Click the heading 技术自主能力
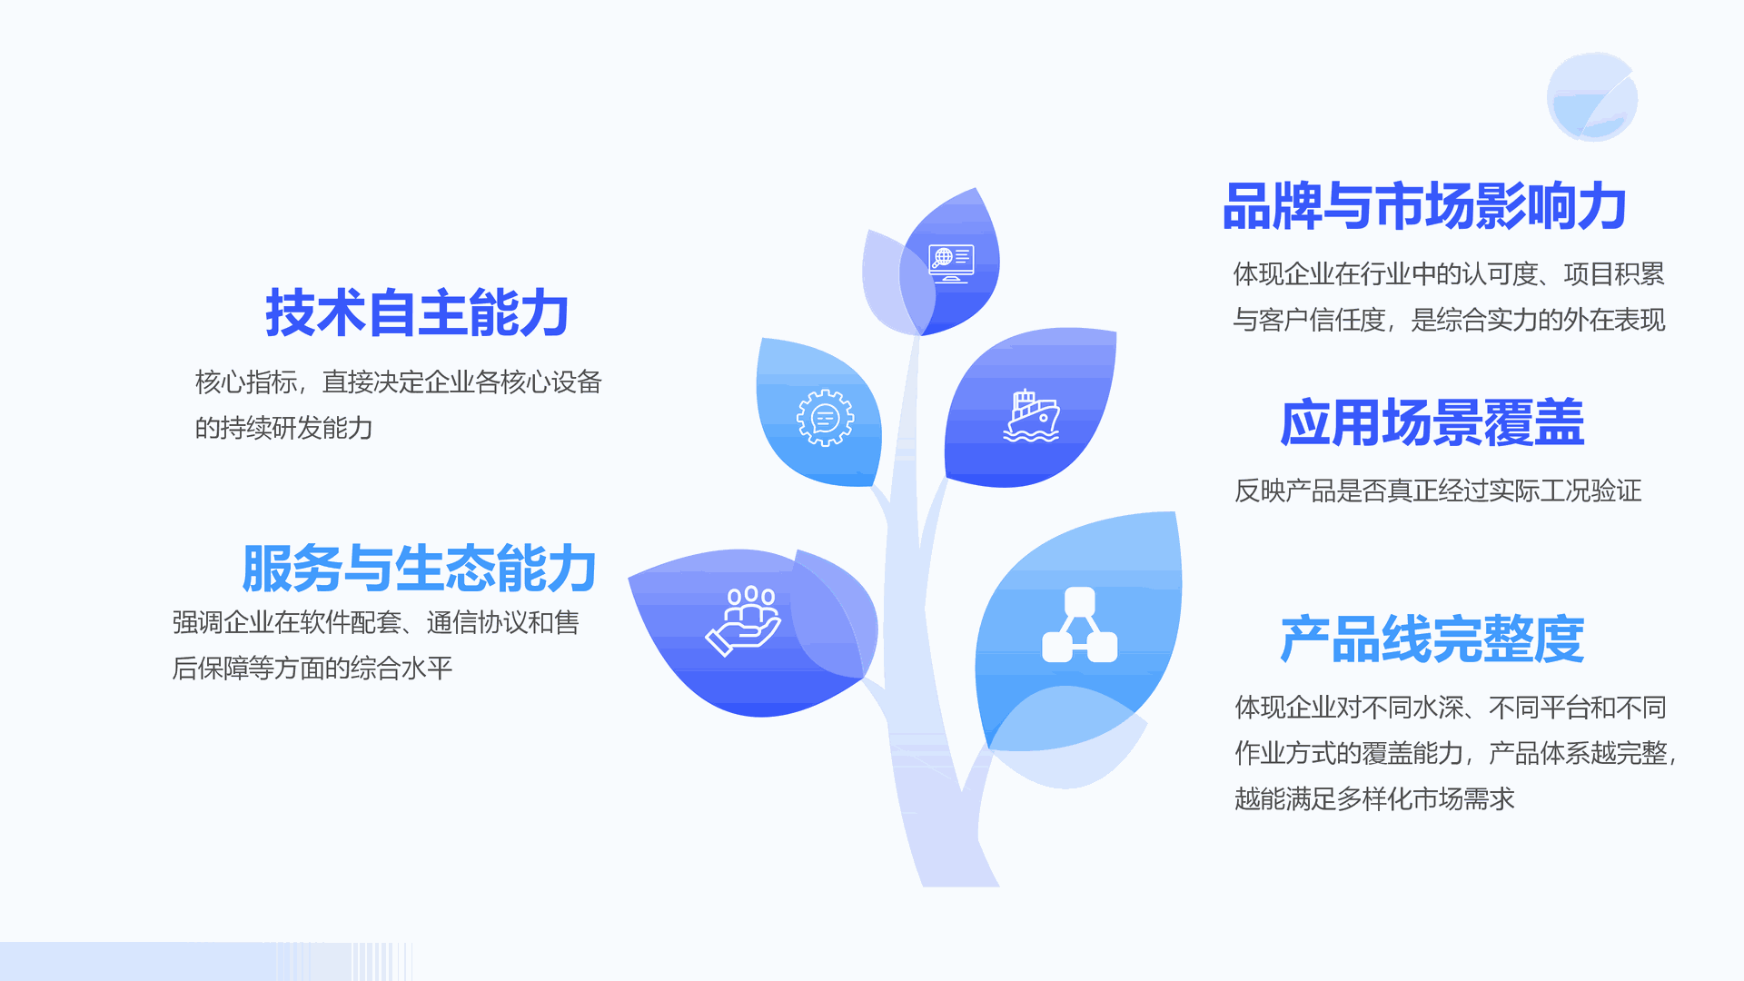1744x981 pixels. [x=417, y=312]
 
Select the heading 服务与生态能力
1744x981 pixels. [x=419, y=569]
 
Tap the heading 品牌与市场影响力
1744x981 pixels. [x=1424, y=206]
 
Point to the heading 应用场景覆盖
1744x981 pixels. [x=1432, y=422]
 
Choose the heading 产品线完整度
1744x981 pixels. [x=1432, y=639]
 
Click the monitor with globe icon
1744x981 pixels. [x=951, y=263]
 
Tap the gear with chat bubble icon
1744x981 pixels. [x=825, y=418]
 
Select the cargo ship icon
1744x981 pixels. [x=1031, y=416]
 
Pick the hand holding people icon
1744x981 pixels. [x=743, y=620]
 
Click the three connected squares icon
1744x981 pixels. [x=1079, y=625]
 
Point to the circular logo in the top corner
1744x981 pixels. [x=1592, y=96]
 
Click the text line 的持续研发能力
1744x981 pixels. [x=284, y=428]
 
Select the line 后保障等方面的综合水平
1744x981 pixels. [x=312, y=669]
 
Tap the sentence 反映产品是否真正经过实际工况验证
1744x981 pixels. [x=1438, y=490]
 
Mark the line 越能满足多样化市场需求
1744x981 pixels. [x=1374, y=798]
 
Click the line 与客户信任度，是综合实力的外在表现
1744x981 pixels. [x=1449, y=320]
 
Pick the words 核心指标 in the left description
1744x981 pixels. [x=245, y=382]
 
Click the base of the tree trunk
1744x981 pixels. [x=960, y=877]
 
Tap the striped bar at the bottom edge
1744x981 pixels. [x=206, y=961]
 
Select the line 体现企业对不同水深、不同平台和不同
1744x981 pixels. [x=1451, y=708]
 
